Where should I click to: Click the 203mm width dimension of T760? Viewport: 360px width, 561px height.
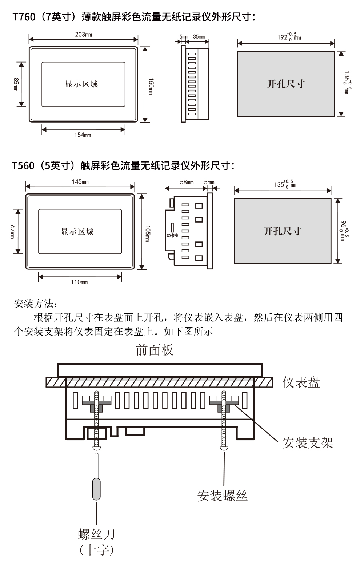point(83,35)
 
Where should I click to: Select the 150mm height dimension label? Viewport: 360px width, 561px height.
point(151,86)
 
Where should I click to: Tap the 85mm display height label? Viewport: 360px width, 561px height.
point(16,84)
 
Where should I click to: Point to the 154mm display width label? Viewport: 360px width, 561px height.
point(83,135)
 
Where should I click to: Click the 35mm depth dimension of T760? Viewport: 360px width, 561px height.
point(199,37)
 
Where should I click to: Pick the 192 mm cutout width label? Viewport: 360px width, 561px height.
point(289,37)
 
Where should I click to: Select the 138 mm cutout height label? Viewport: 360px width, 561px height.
point(347,83)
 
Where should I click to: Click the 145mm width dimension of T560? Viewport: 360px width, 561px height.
point(80,182)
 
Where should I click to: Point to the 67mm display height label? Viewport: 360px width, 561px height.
point(12,231)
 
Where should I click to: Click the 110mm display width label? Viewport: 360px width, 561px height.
point(79,282)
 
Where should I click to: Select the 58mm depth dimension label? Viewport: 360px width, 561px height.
point(187,182)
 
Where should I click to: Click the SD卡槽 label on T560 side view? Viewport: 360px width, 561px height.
point(172,236)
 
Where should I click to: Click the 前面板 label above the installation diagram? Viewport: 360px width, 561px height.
point(155,350)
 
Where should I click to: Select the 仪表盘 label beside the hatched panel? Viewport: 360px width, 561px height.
point(301,382)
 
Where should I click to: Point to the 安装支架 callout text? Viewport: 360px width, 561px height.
point(308,443)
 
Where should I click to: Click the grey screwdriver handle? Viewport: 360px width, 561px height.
point(96,489)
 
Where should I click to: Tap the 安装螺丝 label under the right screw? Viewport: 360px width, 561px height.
point(222,496)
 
